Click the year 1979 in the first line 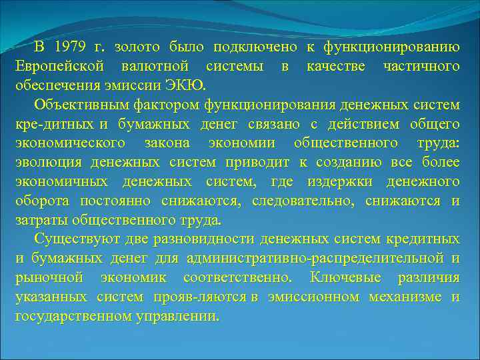tap(70, 47)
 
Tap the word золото tap(134, 47)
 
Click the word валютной tap(155, 67)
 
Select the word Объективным tap(80, 105)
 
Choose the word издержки tap(335, 182)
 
